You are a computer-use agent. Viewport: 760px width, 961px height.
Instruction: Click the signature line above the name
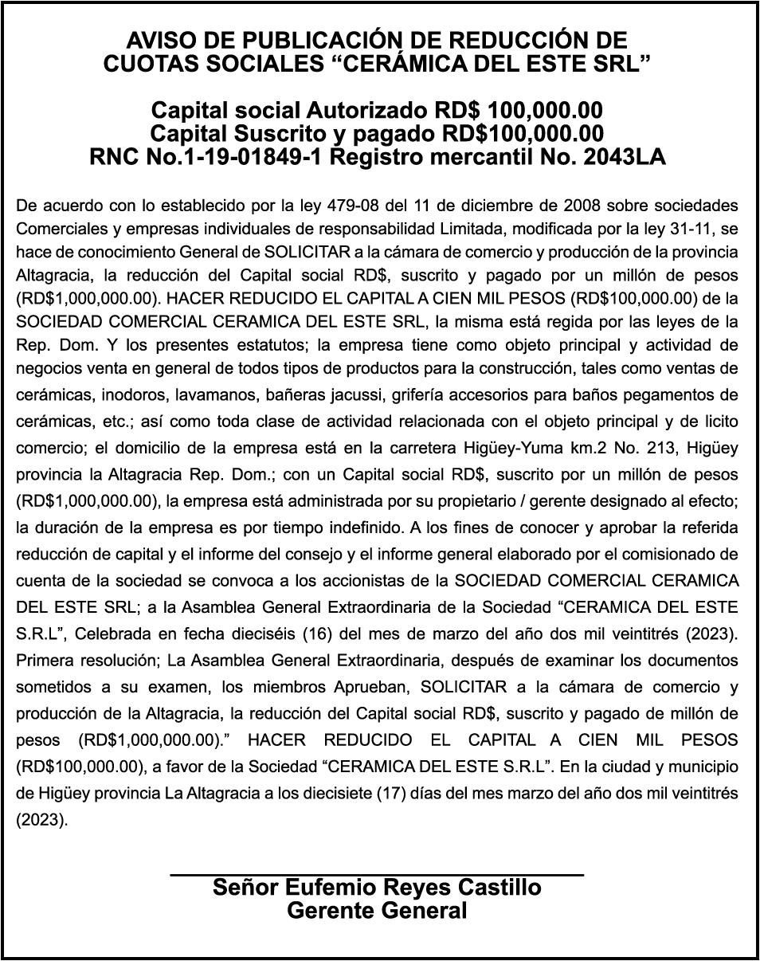click(x=377, y=875)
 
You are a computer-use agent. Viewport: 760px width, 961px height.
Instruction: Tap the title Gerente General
click(x=377, y=911)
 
